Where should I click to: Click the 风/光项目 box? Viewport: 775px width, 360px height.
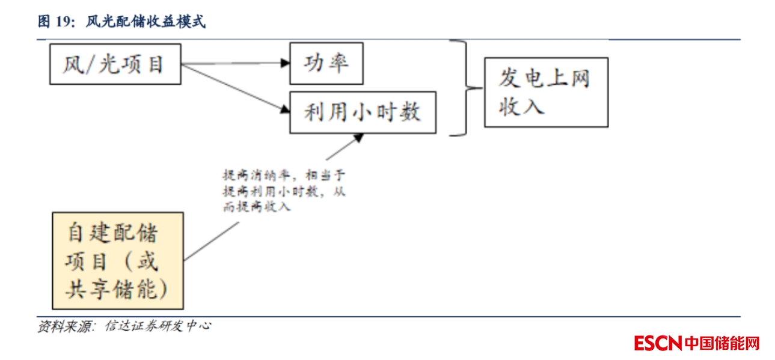tap(114, 64)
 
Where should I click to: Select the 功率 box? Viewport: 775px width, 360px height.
tap(326, 63)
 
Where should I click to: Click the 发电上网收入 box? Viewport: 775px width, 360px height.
tap(546, 92)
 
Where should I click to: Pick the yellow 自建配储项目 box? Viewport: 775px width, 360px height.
tap(118, 260)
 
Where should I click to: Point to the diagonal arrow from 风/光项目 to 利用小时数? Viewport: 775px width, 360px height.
tap(234, 88)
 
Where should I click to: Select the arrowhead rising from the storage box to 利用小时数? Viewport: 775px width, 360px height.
tap(358, 138)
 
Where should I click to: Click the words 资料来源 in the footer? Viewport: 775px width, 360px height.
tap(63, 327)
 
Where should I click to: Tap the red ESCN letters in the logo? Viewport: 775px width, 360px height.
tap(657, 344)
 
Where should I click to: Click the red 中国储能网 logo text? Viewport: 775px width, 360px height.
tap(722, 344)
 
